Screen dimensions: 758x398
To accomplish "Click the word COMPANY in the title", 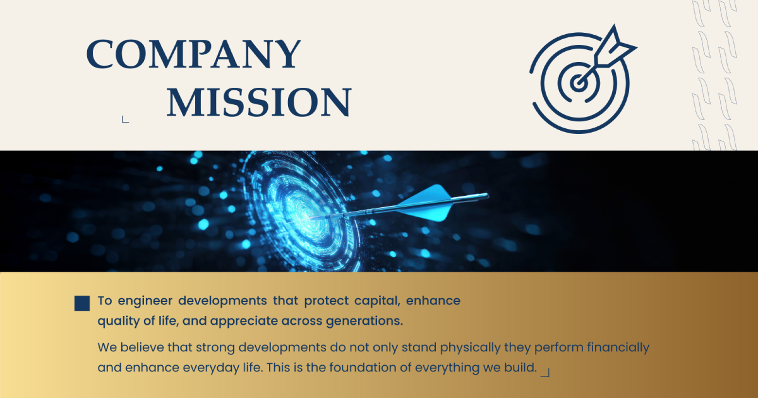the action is tap(193, 54).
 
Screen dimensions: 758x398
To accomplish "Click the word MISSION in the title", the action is tap(259, 102).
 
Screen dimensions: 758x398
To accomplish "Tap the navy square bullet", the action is tap(82, 303).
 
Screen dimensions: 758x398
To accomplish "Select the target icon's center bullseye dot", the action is tap(579, 83).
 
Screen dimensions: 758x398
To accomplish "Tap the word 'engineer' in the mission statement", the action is tap(145, 301).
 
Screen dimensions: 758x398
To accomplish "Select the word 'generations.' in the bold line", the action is tap(364, 321).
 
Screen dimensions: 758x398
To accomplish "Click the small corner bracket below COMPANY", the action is tap(125, 119).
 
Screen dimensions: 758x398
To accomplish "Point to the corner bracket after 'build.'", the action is tap(545, 373).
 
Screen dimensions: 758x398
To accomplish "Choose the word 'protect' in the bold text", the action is tap(326, 301).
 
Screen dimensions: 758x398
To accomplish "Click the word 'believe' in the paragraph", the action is tap(141, 347).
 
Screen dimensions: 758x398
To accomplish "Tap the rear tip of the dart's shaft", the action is tap(487, 195).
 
